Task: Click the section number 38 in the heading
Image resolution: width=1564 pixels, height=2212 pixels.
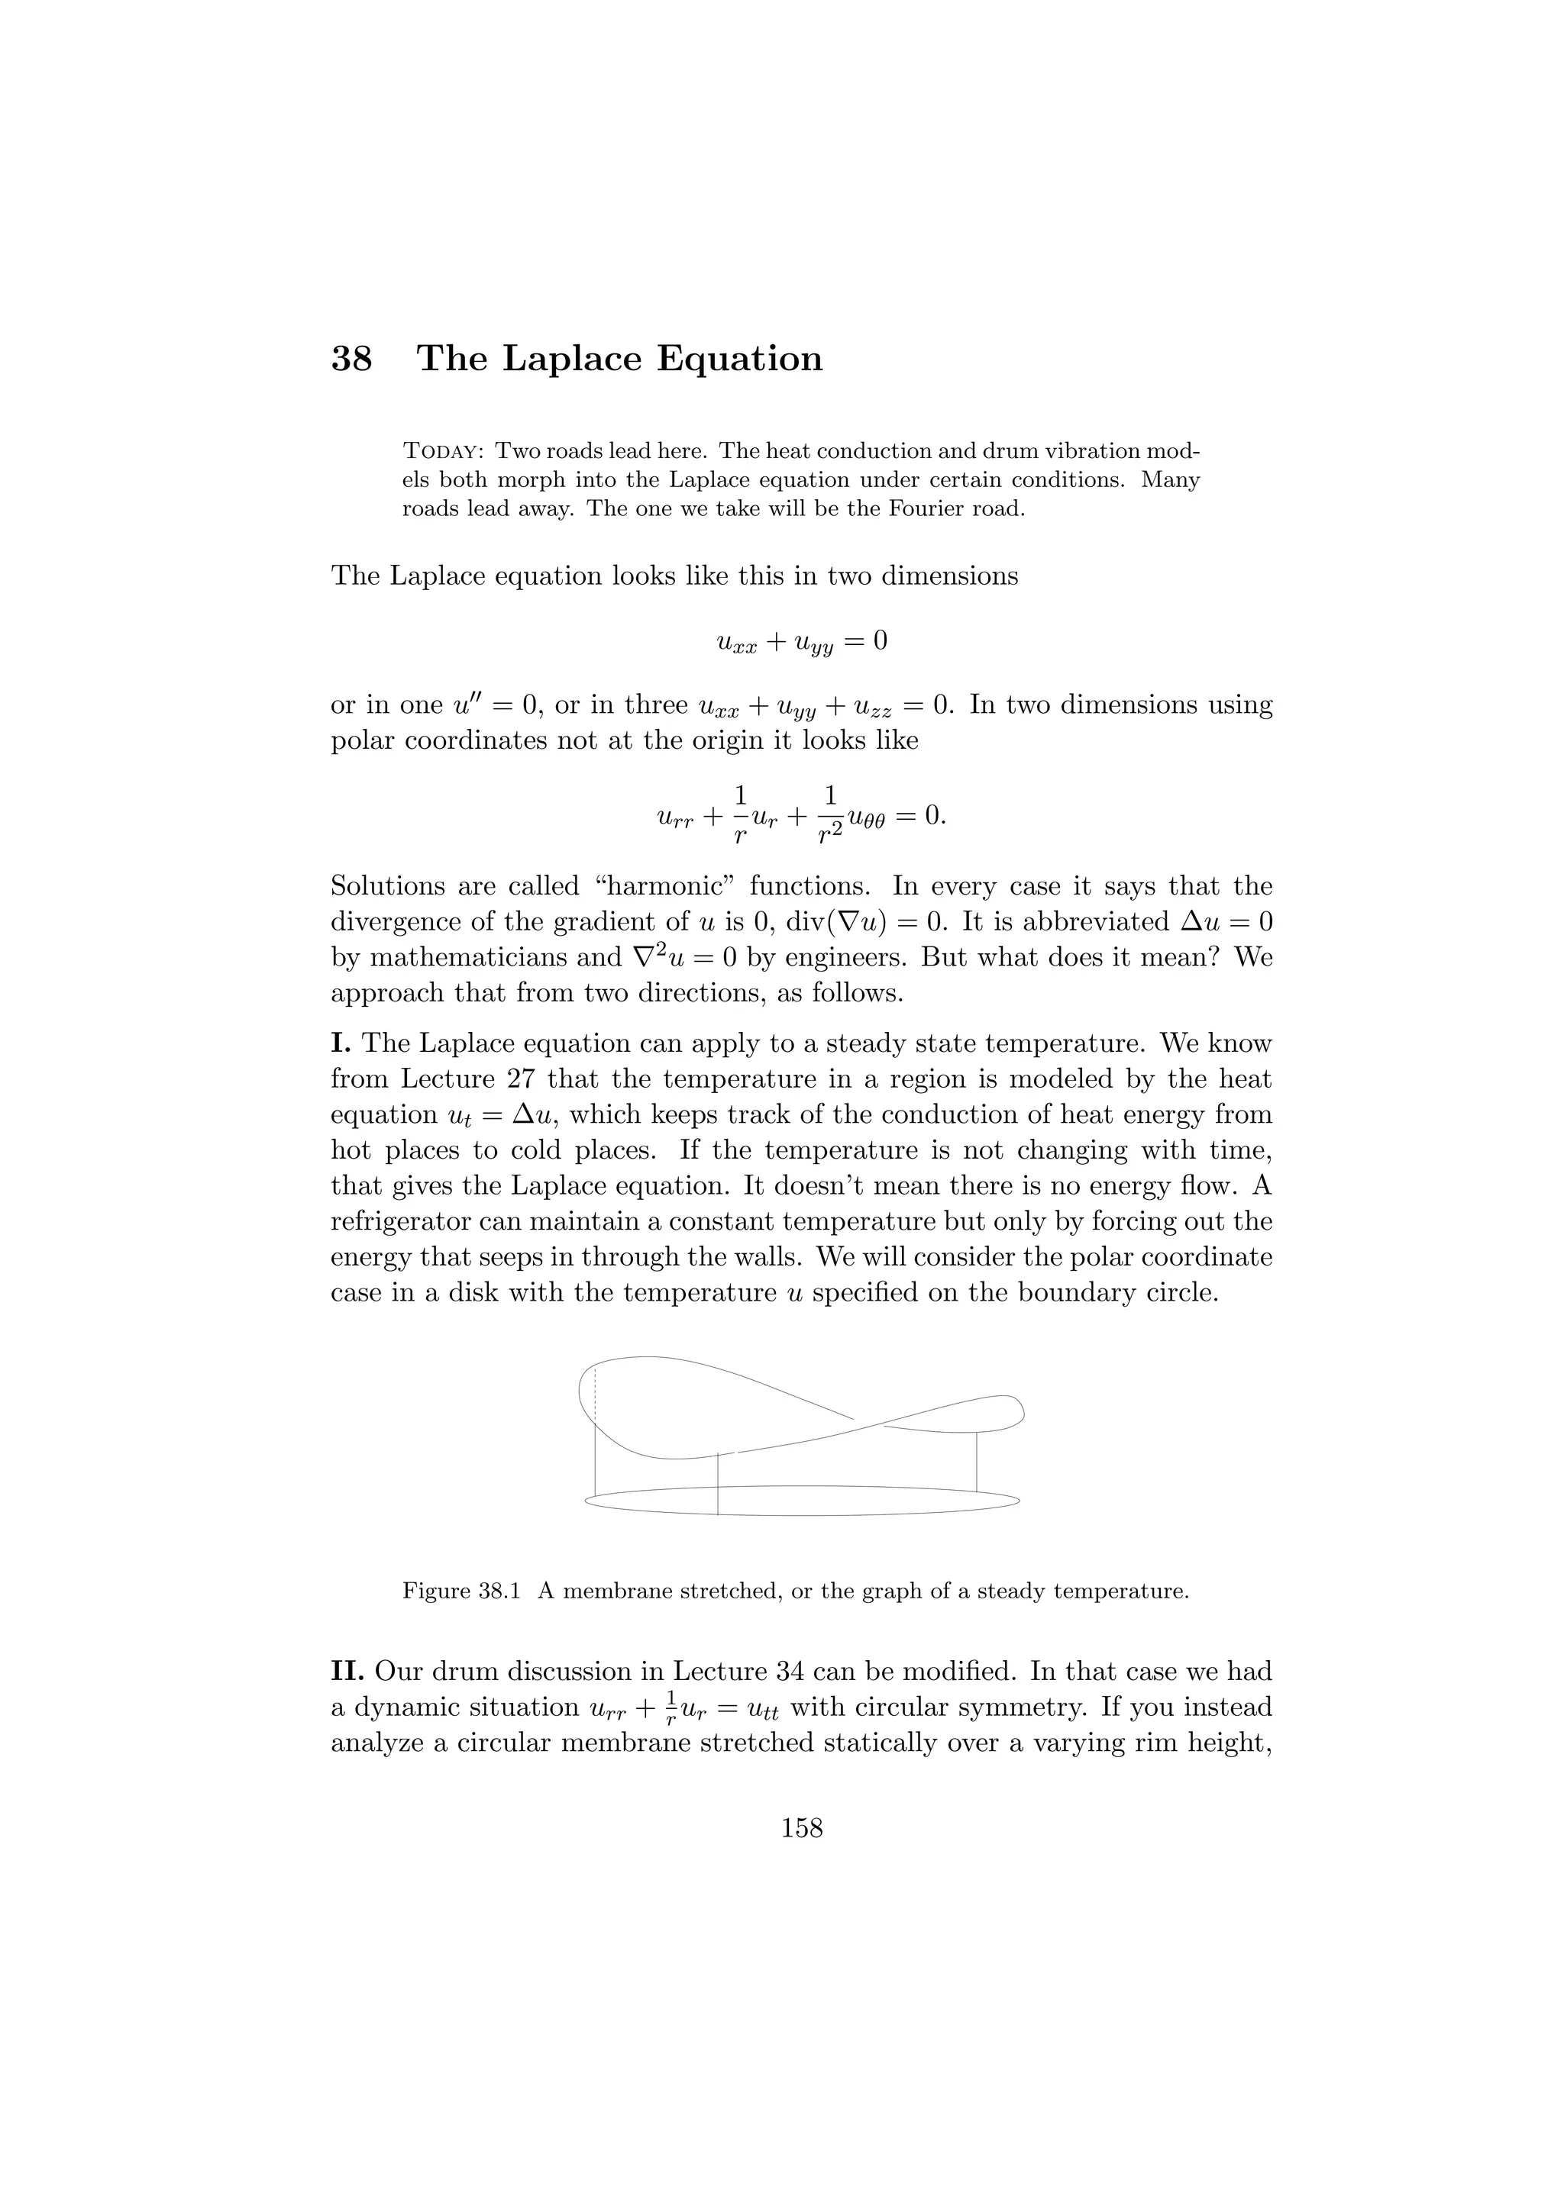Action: click(352, 359)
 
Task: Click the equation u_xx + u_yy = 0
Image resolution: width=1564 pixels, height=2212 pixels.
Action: click(802, 642)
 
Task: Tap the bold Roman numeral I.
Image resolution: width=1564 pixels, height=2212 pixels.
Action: click(341, 1043)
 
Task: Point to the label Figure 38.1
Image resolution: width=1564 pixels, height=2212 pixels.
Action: click(461, 1591)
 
